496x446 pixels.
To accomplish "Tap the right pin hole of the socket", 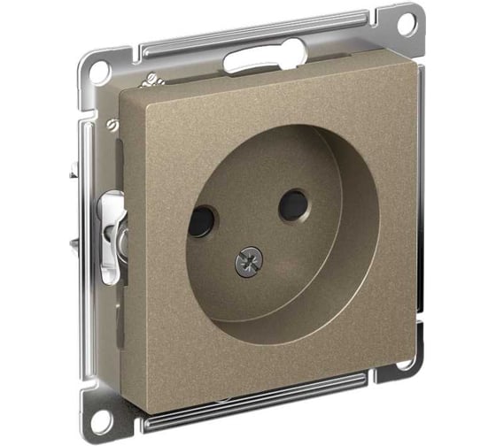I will [292, 205].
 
